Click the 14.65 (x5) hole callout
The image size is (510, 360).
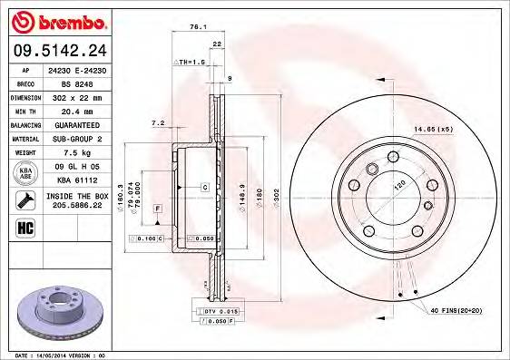point(436,130)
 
